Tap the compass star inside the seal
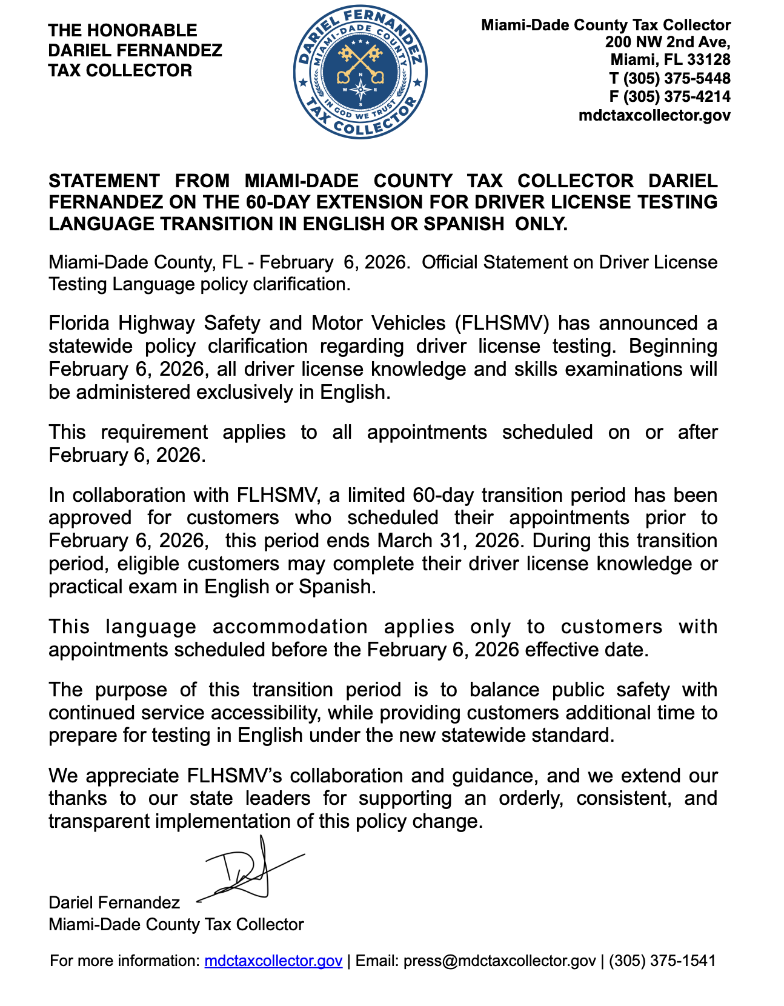click(x=361, y=90)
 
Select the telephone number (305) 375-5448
click(x=677, y=78)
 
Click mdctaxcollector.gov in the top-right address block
click(x=654, y=115)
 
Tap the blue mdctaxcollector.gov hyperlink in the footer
click(x=273, y=961)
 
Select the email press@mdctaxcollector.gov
click(x=499, y=961)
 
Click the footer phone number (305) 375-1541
click(x=662, y=961)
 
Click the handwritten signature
click(x=248, y=873)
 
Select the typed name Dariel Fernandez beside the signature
click(x=114, y=902)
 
